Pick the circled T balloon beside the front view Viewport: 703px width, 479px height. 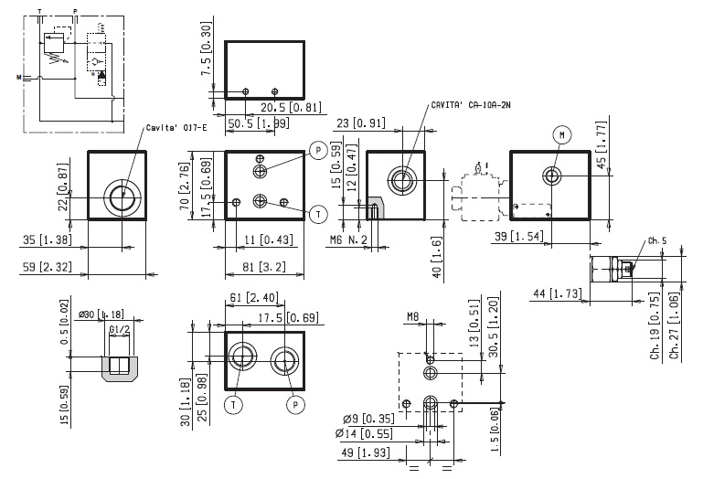317,213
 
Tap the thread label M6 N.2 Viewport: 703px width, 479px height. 347,240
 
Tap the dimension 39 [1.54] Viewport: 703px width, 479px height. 536,237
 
